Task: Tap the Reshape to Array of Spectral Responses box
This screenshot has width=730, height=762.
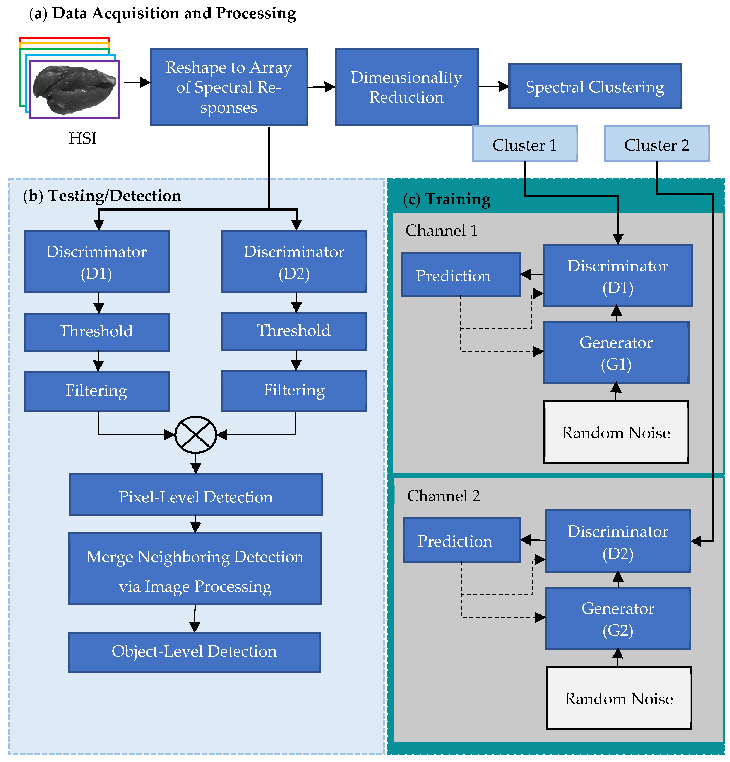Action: pos(229,87)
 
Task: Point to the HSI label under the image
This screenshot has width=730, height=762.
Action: pos(82,138)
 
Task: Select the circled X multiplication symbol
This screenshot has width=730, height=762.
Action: pos(195,435)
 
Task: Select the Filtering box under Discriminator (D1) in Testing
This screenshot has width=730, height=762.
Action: pos(96,391)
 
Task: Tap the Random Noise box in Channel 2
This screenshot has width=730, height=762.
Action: pos(619,698)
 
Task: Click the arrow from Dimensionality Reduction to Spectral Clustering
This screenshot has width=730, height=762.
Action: pos(493,86)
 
